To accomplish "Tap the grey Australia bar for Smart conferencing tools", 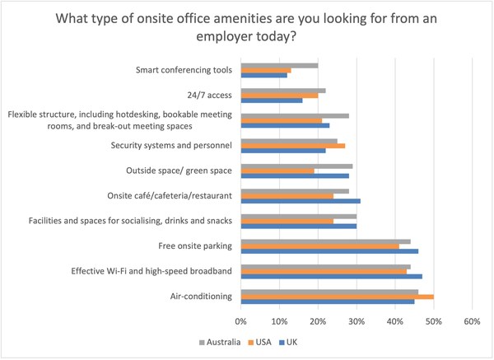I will pyautogui.click(x=280, y=65).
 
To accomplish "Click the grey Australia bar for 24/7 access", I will pyautogui.click(x=283, y=90).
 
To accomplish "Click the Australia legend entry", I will pyautogui.click(x=220, y=343).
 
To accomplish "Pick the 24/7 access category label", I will pyautogui.click(x=207, y=96).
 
